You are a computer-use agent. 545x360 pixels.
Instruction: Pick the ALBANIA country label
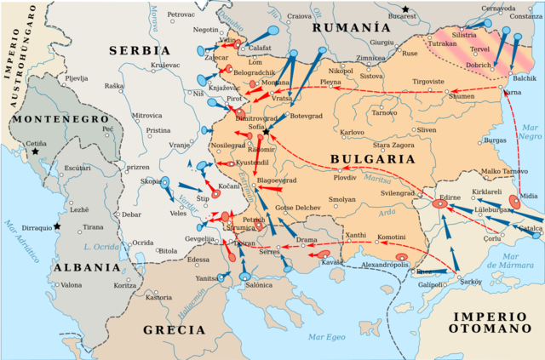[84, 266]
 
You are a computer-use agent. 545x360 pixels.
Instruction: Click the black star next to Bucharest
[407, 9]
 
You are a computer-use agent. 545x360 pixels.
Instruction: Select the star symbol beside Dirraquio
[57, 226]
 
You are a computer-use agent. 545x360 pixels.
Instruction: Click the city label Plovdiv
[345, 177]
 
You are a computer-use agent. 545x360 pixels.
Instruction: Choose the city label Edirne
[450, 195]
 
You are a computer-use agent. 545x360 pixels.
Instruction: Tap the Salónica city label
[259, 285]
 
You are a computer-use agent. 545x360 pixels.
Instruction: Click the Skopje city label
[151, 181]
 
